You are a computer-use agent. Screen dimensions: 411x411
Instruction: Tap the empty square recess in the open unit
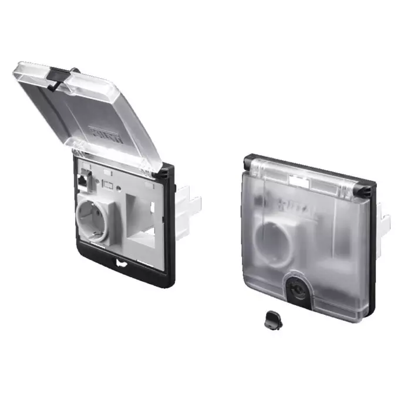tap(142, 227)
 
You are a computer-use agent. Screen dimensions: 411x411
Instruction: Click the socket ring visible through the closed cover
tap(275, 235)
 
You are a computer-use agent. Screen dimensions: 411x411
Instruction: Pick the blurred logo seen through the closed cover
tap(290, 203)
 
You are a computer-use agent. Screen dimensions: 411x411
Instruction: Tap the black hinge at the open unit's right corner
tap(164, 173)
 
